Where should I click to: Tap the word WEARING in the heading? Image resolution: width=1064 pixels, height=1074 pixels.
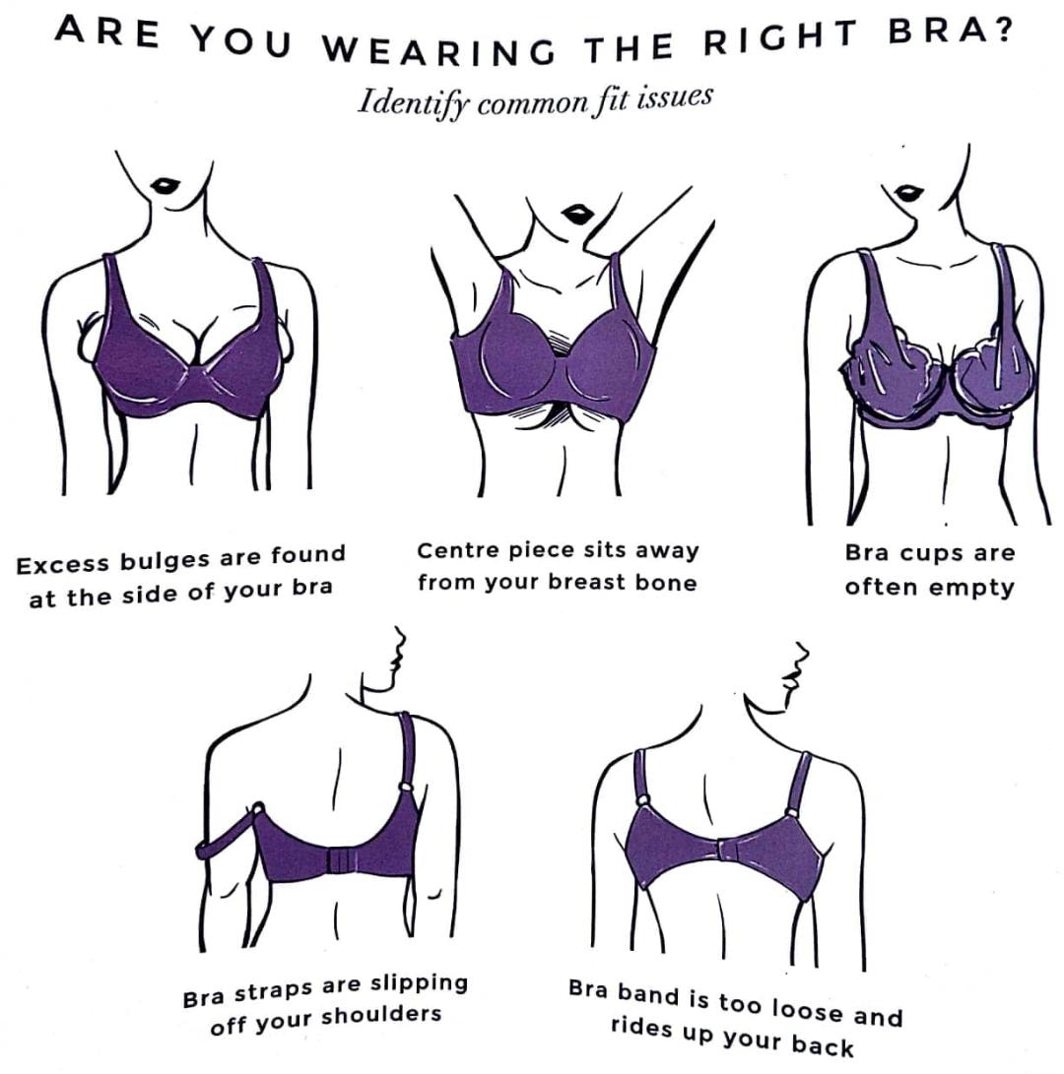click(437, 49)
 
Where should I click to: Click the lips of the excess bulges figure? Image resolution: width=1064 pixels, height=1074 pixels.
click(166, 185)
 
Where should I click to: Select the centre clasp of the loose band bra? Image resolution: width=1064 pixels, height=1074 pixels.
click(728, 850)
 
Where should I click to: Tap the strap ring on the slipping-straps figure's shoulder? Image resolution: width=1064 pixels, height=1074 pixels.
click(406, 788)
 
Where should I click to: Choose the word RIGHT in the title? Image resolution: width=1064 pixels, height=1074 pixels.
click(781, 37)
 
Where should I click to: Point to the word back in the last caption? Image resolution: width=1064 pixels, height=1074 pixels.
click(823, 1045)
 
